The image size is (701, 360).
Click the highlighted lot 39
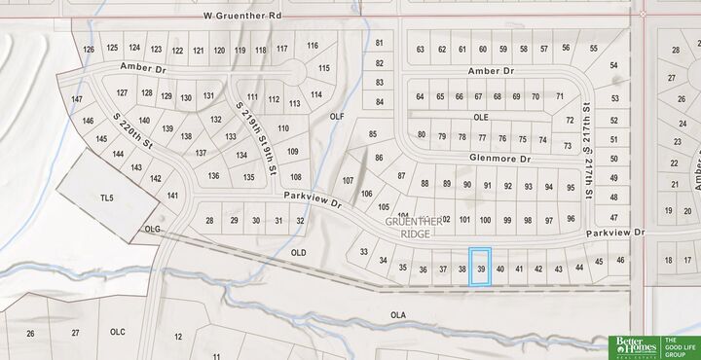481,267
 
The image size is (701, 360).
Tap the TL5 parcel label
107,198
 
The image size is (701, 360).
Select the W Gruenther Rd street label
242,17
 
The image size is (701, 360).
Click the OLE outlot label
480,117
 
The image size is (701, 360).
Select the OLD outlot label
299,253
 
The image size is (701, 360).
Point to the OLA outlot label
397,315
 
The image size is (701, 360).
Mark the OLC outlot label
118,332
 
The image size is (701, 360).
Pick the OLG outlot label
151,230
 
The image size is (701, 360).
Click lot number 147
77,100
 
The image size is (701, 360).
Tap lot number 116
312,46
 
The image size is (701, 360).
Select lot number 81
379,44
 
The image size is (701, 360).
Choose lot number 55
593,48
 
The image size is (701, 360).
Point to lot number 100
485,220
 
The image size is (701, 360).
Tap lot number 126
90,49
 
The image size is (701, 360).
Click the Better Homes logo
633,347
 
